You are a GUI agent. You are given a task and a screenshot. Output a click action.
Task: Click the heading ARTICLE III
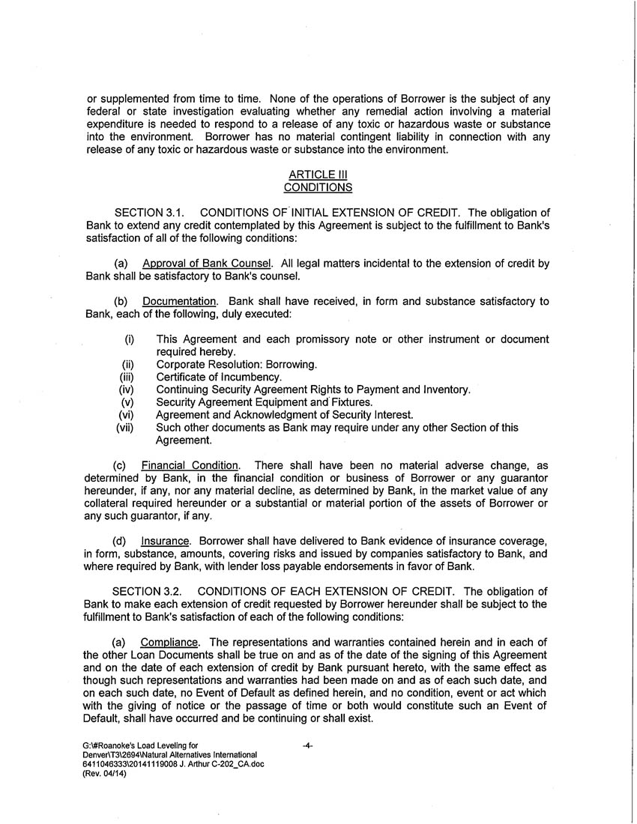(318, 175)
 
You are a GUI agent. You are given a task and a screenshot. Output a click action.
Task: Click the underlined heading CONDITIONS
(318, 187)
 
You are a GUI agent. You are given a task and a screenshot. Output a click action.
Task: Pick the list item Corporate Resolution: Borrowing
(236, 365)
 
